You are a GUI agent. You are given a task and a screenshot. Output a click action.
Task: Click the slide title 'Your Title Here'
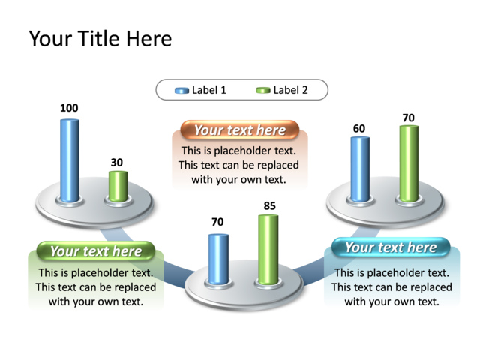pos(100,38)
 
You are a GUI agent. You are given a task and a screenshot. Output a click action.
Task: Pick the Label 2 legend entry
pos(282,90)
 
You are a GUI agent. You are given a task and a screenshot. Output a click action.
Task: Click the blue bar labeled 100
pos(69,160)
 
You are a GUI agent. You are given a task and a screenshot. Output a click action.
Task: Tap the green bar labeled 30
pos(118,186)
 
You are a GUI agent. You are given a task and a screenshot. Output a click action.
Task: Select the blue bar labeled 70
pos(218,259)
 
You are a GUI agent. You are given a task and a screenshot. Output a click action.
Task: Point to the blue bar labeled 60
pos(360,169)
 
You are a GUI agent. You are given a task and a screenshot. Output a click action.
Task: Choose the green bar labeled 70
pos(408,163)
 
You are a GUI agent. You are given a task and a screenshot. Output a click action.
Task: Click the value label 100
pos(69,108)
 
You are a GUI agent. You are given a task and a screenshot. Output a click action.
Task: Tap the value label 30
pos(117,162)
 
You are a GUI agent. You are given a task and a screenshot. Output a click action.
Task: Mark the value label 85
pos(269,205)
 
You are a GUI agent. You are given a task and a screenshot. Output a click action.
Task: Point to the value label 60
pos(359,128)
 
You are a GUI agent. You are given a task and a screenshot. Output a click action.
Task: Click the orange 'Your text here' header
pos(239,130)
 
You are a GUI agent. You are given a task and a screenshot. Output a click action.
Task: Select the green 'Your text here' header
pos(95,251)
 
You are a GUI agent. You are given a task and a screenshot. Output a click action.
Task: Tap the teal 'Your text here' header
pos(390,247)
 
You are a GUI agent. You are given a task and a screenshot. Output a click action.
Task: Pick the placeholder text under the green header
pos(96,287)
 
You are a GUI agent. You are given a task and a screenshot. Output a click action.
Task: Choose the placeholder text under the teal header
pos(391,287)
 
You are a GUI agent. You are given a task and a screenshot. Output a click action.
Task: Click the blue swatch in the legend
pos(181,91)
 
